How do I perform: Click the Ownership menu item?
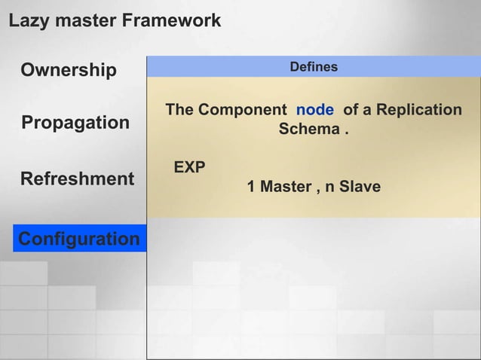click(x=69, y=71)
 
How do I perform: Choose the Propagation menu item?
click(x=75, y=123)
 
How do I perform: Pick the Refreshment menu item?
click(x=77, y=179)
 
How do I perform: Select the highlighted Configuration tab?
click(x=78, y=239)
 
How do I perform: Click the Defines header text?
click(x=314, y=67)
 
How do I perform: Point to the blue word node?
click(x=314, y=110)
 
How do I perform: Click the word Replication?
click(x=418, y=110)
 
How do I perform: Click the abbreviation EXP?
click(x=189, y=167)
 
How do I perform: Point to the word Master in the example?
click(x=284, y=187)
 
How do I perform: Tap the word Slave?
click(x=360, y=187)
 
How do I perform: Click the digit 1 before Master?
click(x=252, y=187)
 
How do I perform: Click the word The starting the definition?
click(x=179, y=110)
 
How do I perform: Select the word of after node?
click(x=351, y=110)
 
